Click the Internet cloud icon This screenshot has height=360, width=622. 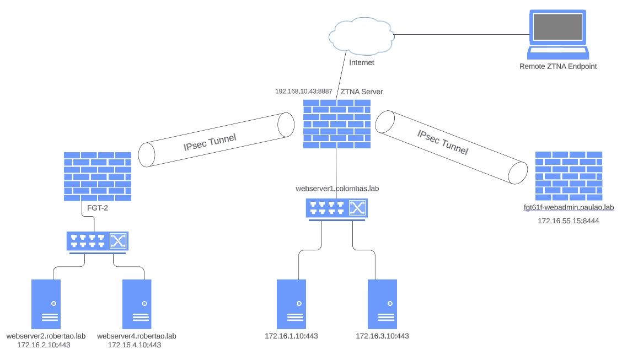[x=361, y=36]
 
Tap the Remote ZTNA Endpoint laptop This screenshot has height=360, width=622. [x=557, y=35]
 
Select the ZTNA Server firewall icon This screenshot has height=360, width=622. [x=337, y=124]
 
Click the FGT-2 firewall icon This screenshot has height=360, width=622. [x=98, y=176]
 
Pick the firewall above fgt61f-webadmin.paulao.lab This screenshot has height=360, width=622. [x=569, y=176]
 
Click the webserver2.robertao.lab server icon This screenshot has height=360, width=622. [x=46, y=304]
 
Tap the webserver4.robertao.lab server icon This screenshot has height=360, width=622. [x=137, y=304]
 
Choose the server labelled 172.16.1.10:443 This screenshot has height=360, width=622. [x=291, y=304]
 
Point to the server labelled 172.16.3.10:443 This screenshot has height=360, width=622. [x=382, y=304]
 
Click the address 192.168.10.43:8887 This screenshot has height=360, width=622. [x=304, y=91]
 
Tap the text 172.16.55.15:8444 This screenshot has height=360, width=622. [x=569, y=221]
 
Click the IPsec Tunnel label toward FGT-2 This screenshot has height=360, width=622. [x=210, y=142]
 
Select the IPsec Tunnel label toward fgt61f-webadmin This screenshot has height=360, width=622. [x=443, y=142]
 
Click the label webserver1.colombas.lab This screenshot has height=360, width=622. [x=337, y=189]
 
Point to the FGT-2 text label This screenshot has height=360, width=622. [x=98, y=208]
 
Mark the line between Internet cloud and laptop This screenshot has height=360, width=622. [x=462, y=35]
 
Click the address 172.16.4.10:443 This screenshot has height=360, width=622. [x=135, y=345]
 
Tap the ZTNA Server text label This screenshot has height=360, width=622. [x=362, y=92]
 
